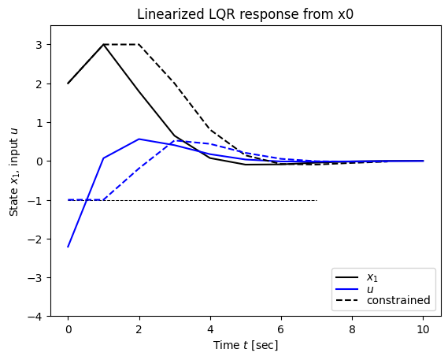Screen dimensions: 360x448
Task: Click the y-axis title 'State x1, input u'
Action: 14,171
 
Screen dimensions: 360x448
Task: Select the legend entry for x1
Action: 372,277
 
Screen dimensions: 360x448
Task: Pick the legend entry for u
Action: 370,289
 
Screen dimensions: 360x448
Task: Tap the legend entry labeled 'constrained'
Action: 398,300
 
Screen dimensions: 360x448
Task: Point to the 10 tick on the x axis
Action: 424,329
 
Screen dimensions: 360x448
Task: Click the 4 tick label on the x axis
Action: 210,329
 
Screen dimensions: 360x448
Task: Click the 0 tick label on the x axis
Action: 68,329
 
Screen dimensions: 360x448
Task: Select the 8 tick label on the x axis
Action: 353,329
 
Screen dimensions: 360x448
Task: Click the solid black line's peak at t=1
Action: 103,45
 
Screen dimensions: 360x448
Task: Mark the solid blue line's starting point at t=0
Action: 68,247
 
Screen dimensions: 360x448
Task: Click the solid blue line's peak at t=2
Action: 139,139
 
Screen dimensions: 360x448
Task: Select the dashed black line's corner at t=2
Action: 139,45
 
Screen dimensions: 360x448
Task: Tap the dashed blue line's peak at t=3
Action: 175,141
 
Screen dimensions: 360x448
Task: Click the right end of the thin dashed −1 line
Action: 317,200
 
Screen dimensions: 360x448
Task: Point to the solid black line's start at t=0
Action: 68,84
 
